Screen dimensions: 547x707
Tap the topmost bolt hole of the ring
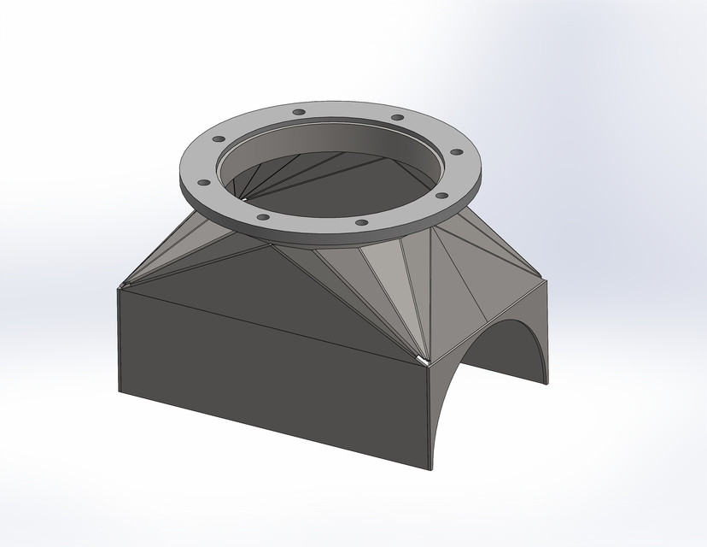click(298, 112)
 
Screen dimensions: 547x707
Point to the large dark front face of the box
click(273, 376)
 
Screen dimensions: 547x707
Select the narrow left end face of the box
click(120, 342)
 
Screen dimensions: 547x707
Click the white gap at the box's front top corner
click(420, 360)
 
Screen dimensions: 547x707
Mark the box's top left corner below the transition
click(120, 287)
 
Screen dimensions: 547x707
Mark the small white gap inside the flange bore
click(246, 199)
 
